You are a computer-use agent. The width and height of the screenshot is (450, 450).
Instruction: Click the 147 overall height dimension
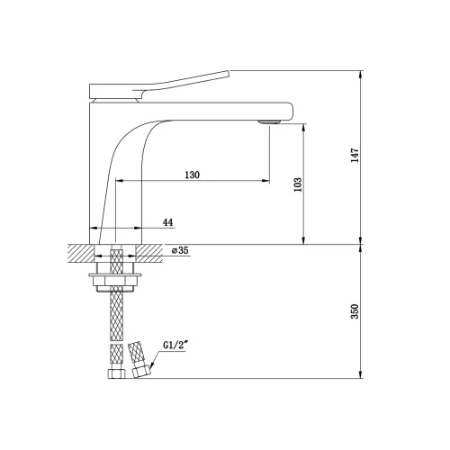coord(355,155)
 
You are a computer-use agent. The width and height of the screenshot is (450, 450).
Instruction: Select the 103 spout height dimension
coord(298,184)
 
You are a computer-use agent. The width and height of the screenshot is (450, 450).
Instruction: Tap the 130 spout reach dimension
coord(192,175)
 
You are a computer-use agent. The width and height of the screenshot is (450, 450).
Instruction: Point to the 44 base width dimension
coord(167,222)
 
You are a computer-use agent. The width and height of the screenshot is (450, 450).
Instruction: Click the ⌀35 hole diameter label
coord(180,250)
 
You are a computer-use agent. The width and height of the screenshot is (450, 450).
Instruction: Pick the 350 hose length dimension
coord(355,311)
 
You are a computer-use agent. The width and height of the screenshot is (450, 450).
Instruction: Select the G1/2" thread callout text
coord(175,345)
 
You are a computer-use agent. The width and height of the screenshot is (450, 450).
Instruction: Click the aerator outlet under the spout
coord(269,121)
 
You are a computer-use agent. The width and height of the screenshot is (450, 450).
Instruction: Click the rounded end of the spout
coord(290,112)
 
